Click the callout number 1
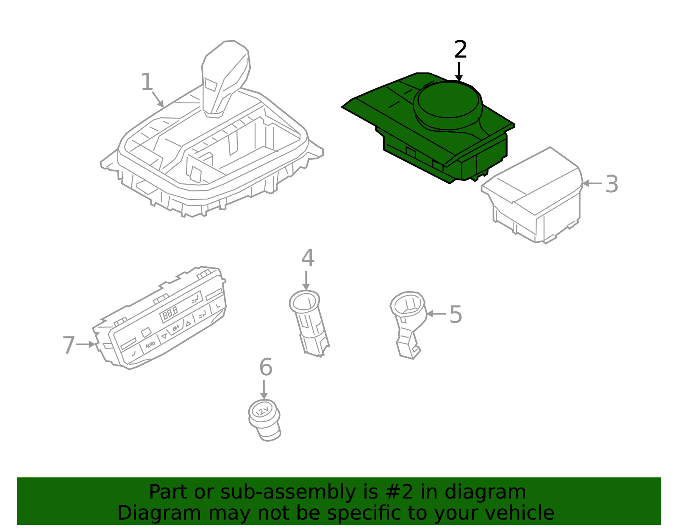click(147, 82)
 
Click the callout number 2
click(461, 49)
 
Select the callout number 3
click(611, 184)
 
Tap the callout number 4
click(308, 258)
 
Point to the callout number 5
click(456, 314)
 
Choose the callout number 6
click(266, 367)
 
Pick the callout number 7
click(69, 345)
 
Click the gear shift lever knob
click(225, 78)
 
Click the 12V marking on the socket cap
click(262, 410)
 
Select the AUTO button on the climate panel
click(150, 344)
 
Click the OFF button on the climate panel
click(176, 328)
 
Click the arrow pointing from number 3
click(592, 184)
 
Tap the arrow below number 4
click(306, 280)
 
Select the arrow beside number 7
click(86, 344)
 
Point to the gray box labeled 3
click(532, 195)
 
